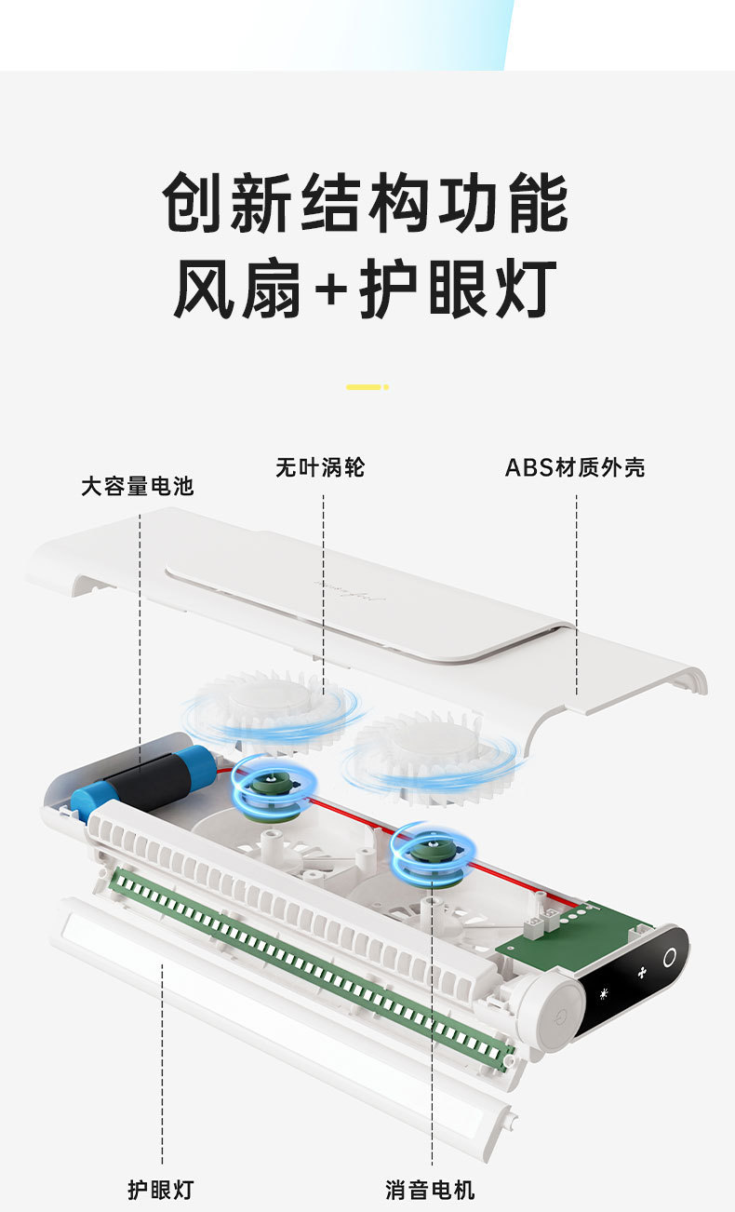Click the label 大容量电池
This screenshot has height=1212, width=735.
click(138, 486)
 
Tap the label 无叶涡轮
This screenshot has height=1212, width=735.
click(320, 467)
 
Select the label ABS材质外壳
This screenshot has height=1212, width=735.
click(575, 467)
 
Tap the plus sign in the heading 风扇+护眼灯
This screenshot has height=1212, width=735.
click(331, 290)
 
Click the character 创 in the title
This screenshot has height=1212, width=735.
click(193, 202)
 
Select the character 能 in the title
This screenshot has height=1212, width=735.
click(538, 202)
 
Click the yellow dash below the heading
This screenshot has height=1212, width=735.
click(367, 387)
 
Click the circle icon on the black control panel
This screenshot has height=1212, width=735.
click(669, 957)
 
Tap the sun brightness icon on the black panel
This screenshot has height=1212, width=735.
click(604, 993)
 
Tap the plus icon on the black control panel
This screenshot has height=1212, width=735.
click(642, 973)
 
